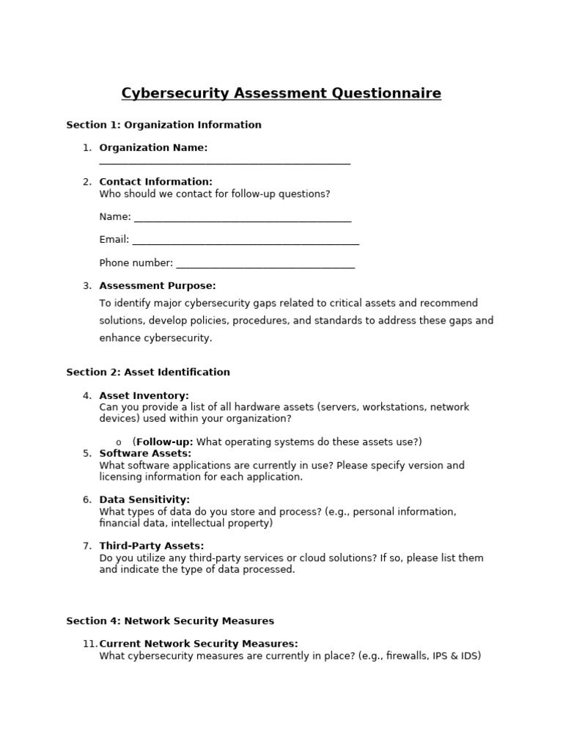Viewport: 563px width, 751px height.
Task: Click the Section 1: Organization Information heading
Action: click(163, 125)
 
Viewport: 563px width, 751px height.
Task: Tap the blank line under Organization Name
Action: click(224, 163)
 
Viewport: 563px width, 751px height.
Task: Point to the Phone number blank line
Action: click(265, 265)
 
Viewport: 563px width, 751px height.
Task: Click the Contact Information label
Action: click(155, 182)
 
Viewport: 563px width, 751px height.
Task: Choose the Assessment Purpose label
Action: click(158, 286)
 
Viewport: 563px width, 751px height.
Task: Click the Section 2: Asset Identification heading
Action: click(148, 372)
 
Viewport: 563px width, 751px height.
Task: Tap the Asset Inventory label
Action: click(144, 395)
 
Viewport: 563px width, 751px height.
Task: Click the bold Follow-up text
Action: click(164, 442)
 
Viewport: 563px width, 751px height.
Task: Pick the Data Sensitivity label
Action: click(144, 499)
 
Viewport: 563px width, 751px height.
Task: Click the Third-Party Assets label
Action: click(152, 546)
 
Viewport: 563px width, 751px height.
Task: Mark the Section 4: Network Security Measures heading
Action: click(170, 621)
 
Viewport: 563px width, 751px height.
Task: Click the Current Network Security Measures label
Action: click(199, 644)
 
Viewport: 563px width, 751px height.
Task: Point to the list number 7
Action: click(87, 546)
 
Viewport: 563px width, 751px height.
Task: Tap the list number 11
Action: click(89, 644)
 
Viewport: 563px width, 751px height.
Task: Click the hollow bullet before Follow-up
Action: click(119, 442)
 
